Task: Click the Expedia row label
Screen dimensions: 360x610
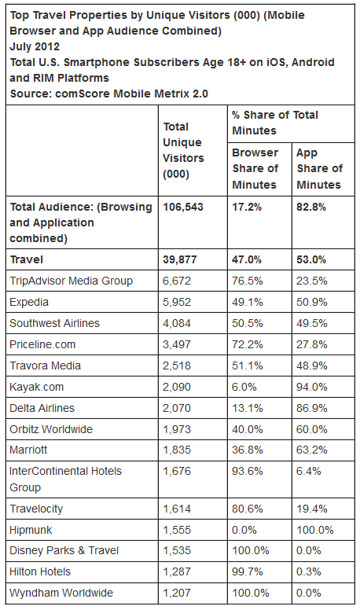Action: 29,303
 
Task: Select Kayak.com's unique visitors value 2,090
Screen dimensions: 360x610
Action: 177,387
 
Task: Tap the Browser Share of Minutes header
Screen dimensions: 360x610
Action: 255,168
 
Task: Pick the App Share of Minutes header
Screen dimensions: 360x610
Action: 319,168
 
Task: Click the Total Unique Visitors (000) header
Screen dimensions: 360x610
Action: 183,150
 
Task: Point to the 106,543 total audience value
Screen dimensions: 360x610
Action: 183,207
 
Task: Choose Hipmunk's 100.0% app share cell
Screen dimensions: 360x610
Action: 315,530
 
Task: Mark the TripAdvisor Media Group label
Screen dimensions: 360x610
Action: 72,281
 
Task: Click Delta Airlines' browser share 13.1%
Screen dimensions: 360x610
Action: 248,408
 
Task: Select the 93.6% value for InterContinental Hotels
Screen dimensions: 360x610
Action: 248,471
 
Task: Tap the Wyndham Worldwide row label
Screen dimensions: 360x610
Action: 61,593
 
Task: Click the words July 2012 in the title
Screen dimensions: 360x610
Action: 35,46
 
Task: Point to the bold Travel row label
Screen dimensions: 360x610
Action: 27,259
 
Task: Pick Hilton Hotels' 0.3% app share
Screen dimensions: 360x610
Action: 309,572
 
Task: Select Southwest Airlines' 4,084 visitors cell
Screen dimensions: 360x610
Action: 177,323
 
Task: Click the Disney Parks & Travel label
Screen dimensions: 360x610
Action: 64,550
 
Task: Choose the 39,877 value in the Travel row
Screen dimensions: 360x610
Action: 180,259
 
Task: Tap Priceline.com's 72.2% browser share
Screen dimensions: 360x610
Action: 248,344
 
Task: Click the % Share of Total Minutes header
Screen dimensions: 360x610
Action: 275,123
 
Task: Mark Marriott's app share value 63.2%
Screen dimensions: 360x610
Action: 312,450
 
